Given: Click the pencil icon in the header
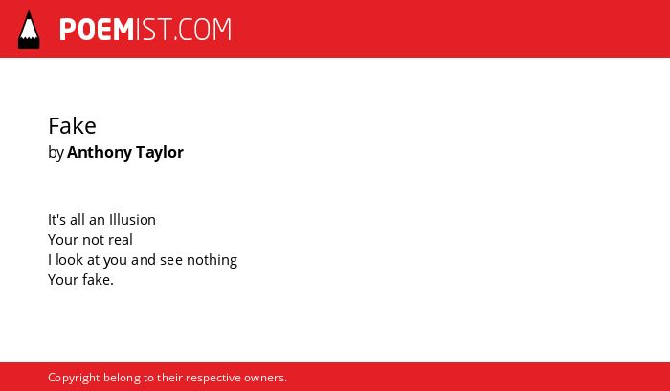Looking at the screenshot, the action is [29, 29].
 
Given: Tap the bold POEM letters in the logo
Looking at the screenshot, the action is [97, 30].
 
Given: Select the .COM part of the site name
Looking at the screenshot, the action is [202, 30].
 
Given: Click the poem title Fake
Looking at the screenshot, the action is [72, 126].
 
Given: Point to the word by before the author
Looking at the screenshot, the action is [56, 153].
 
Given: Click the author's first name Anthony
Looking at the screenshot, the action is [100, 152].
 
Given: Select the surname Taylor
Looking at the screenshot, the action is [160, 152].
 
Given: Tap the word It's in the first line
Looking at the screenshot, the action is [56, 220].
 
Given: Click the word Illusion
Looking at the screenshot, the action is [132, 220].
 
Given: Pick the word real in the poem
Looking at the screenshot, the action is [121, 240].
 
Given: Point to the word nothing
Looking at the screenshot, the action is [212, 260].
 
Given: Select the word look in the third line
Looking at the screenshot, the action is [69, 260].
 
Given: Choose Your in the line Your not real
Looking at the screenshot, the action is [63, 240].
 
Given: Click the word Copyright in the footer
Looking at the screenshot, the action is [74, 378].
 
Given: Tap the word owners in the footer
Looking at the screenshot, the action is [265, 378].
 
